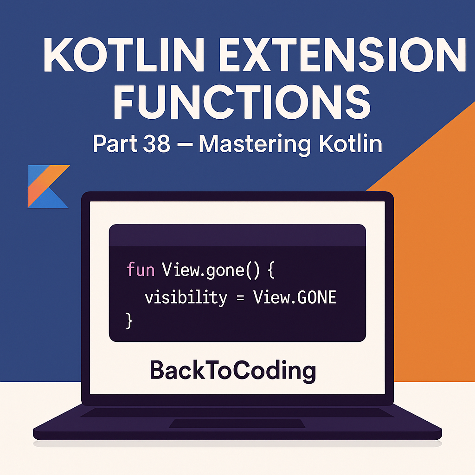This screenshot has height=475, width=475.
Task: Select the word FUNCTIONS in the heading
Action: click(242, 103)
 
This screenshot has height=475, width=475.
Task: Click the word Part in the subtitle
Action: click(114, 144)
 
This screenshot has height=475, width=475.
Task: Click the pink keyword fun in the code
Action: click(140, 270)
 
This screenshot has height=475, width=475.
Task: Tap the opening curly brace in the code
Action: click(271, 270)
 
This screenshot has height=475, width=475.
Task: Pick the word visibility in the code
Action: click(186, 297)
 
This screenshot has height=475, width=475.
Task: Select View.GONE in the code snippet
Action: click(294, 297)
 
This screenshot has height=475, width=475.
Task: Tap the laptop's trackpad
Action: click(237, 423)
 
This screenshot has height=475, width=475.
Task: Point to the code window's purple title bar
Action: click(237, 235)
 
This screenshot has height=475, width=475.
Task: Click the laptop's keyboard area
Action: click(237, 412)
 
